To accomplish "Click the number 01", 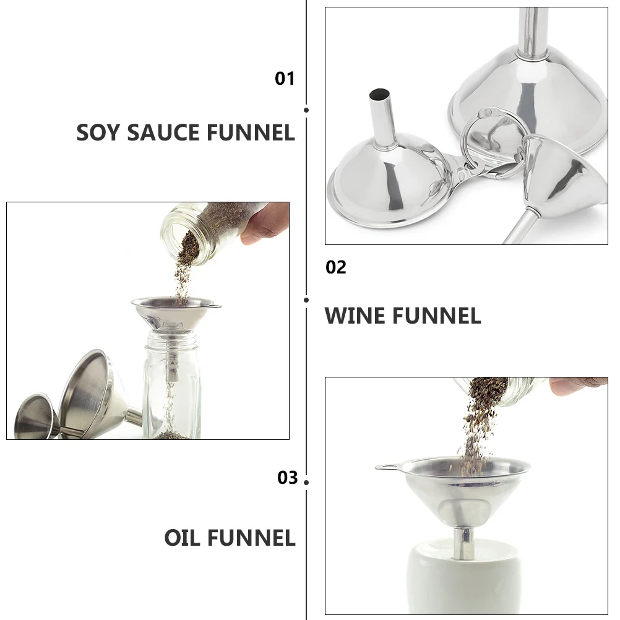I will tap(285, 79).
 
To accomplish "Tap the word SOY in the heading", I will tap(98, 133).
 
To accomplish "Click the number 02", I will tap(336, 267).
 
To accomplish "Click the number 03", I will tap(287, 478).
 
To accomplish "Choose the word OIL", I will tap(183, 538).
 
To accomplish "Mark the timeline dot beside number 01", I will tap(306, 110).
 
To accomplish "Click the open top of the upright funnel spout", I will tap(378, 95).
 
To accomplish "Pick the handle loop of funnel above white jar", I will tap(385, 467).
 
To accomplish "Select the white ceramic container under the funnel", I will tap(464, 582).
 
